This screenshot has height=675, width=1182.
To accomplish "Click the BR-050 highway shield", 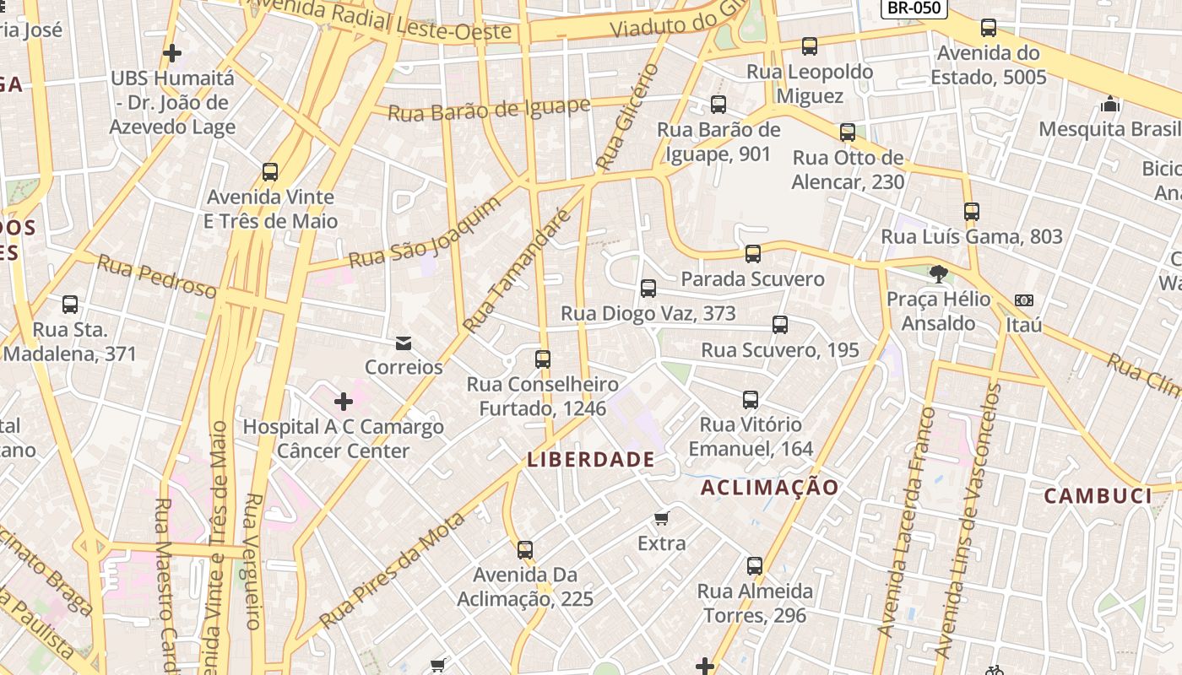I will coord(914,8).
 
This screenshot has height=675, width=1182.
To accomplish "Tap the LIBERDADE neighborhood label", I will coord(591,460).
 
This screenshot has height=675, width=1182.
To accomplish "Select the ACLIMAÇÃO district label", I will coord(770,488).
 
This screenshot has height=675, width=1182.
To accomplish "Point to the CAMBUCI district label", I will coord(1098,495).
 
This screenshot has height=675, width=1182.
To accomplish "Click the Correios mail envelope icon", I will coord(404,343).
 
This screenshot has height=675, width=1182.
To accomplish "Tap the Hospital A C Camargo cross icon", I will coord(343,402).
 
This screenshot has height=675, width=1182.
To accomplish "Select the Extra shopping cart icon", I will coord(662,518).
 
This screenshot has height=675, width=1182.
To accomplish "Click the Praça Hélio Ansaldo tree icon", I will coord(938,273).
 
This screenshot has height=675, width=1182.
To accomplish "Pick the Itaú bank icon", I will coord(1024,300).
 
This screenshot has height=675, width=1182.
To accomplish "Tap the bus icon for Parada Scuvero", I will coord(753,253).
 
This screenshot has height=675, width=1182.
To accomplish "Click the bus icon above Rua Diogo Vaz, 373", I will coord(648,289).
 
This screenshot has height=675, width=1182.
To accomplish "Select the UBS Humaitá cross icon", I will coord(172,54).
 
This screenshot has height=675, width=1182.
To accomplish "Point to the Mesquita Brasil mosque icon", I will coord(1110,104).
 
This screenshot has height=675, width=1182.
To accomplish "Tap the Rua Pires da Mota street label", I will coord(393,570).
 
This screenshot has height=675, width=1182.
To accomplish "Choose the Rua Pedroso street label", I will coord(156,276).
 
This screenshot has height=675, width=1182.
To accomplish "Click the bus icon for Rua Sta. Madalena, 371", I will coord(70,305).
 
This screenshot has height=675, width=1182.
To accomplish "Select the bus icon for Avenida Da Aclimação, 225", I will coord(525,550).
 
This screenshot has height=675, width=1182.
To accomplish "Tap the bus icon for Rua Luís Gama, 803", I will coord(972,212).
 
